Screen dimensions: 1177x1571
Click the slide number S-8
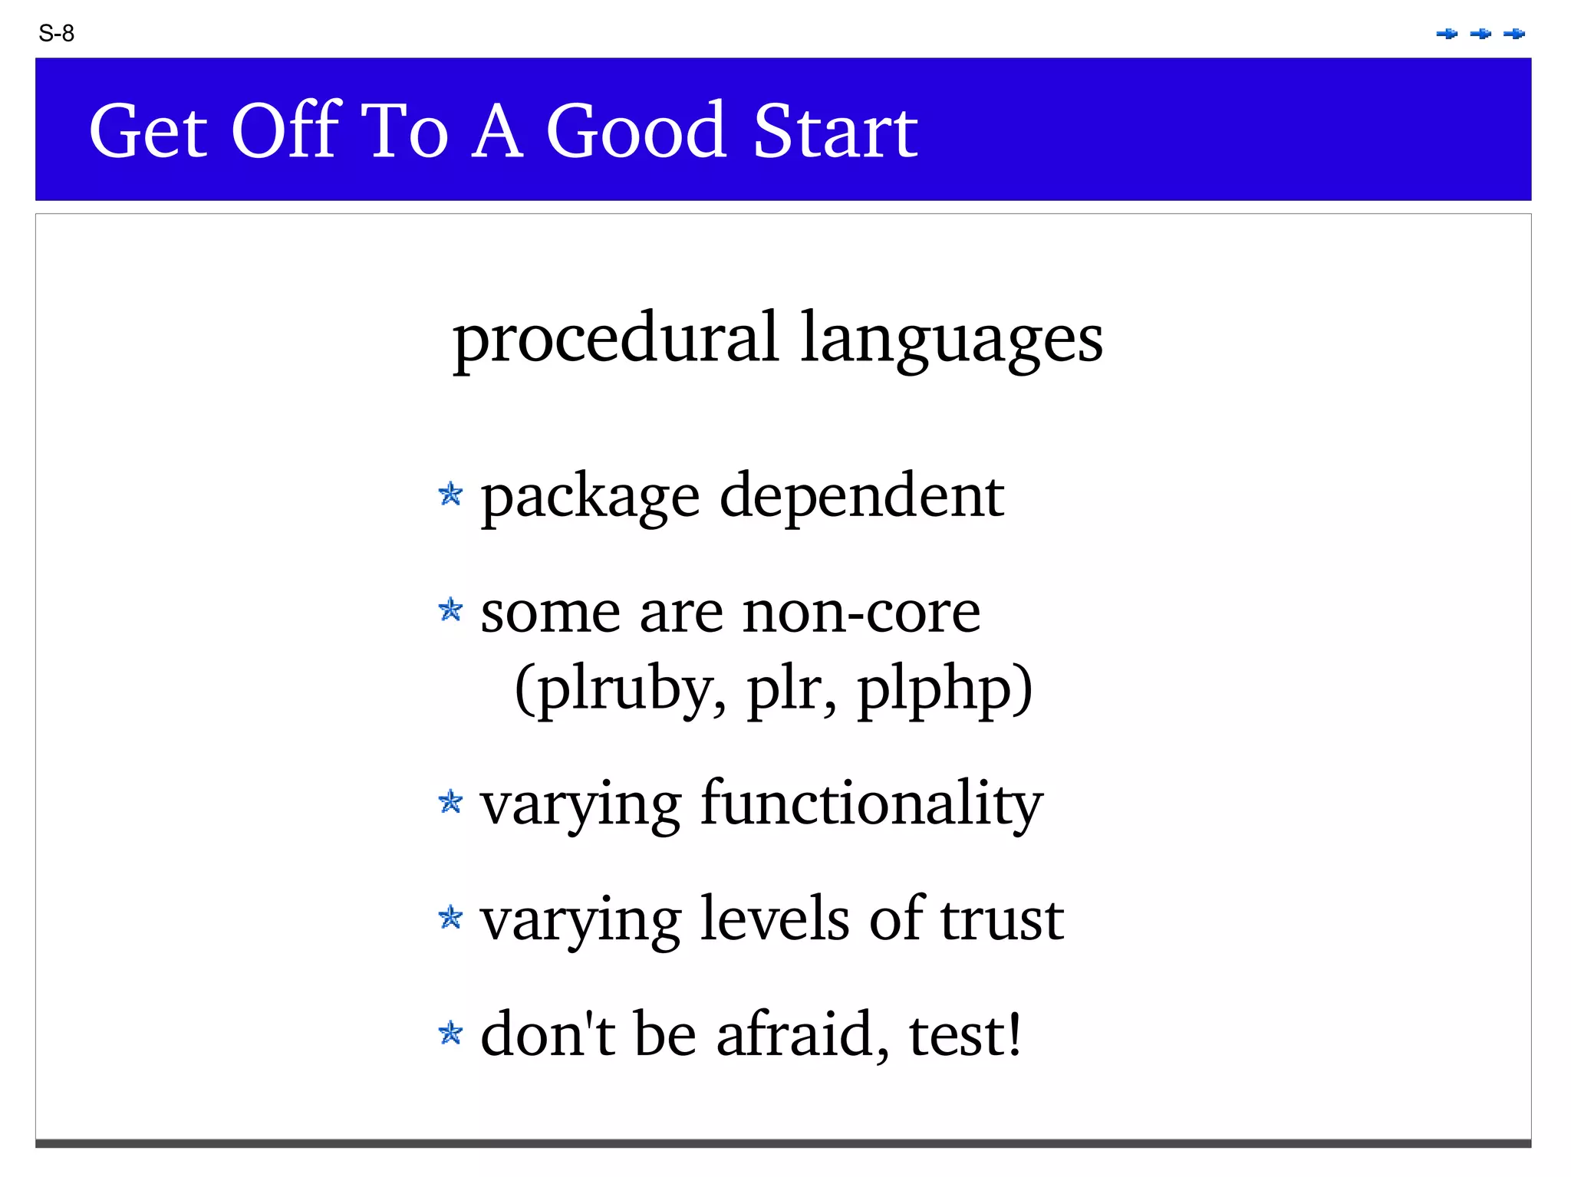click(56, 34)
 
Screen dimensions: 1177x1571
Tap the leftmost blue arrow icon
click(1447, 34)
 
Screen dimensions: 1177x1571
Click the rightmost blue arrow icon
click(1514, 34)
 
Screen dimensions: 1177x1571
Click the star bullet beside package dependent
click(451, 495)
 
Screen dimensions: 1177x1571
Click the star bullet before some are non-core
click(451, 611)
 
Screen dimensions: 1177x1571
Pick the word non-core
click(861, 613)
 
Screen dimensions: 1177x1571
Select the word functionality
click(871, 804)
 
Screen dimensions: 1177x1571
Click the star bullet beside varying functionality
click(451, 803)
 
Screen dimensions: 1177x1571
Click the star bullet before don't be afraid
click(451, 1034)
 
